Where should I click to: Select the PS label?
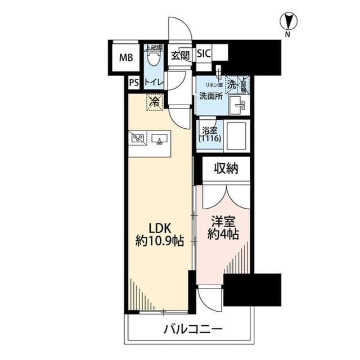click(x=133, y=83)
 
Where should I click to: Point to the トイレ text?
click(x=154, y=83)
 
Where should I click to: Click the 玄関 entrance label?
click(x=180, y=55)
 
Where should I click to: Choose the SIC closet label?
click(x=204, y=54)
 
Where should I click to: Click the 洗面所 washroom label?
click(x=210, y=96)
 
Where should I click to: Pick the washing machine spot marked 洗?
click(x=232, y=84)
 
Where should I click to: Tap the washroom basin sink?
click(x=239, y=103)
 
